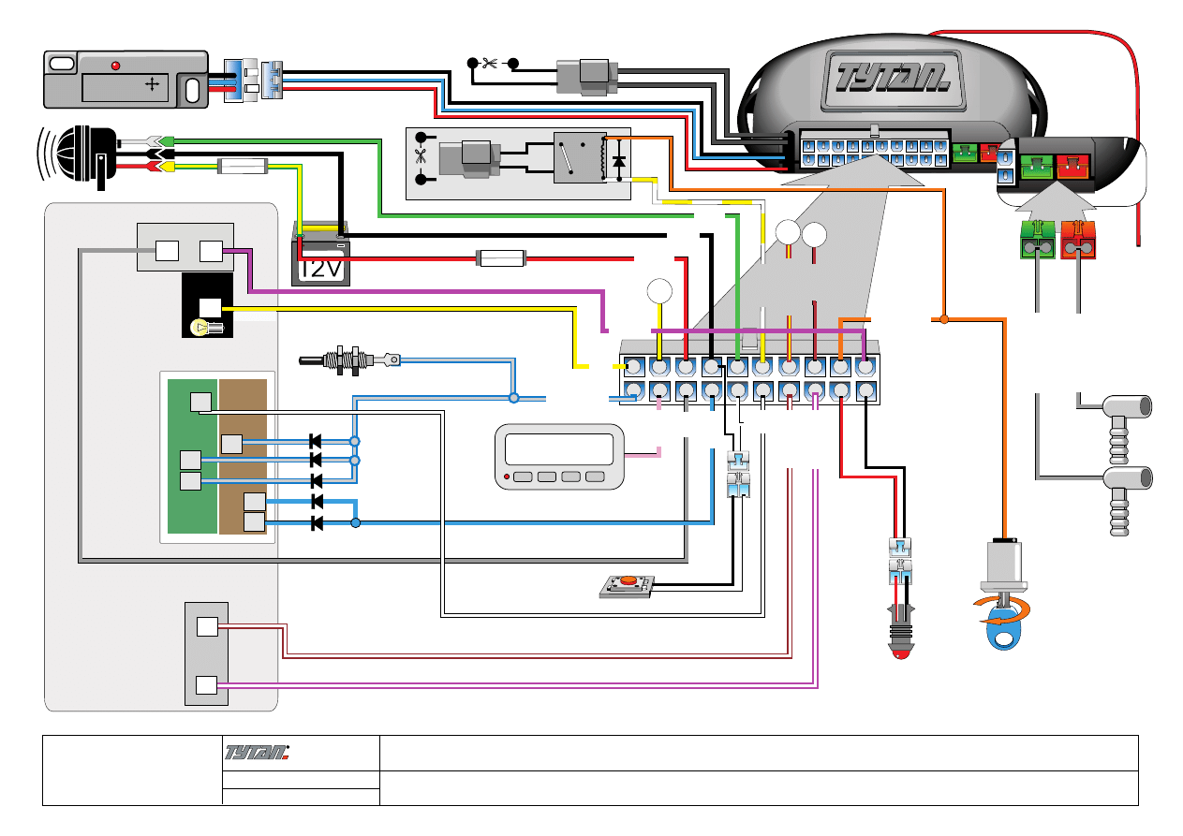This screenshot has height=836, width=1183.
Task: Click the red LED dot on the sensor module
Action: [116, 66]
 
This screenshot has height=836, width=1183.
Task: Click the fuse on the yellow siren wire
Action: [243, 168]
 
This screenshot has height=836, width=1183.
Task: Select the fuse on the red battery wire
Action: [502, 257]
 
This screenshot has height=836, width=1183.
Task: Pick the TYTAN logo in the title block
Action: [259, 752]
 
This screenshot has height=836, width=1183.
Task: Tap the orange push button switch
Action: [628, 581]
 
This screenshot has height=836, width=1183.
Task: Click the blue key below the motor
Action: [1006, 634]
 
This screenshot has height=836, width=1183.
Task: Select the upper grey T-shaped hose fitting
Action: [1124, 408]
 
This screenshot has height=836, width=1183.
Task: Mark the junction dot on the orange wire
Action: [944, 320]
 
